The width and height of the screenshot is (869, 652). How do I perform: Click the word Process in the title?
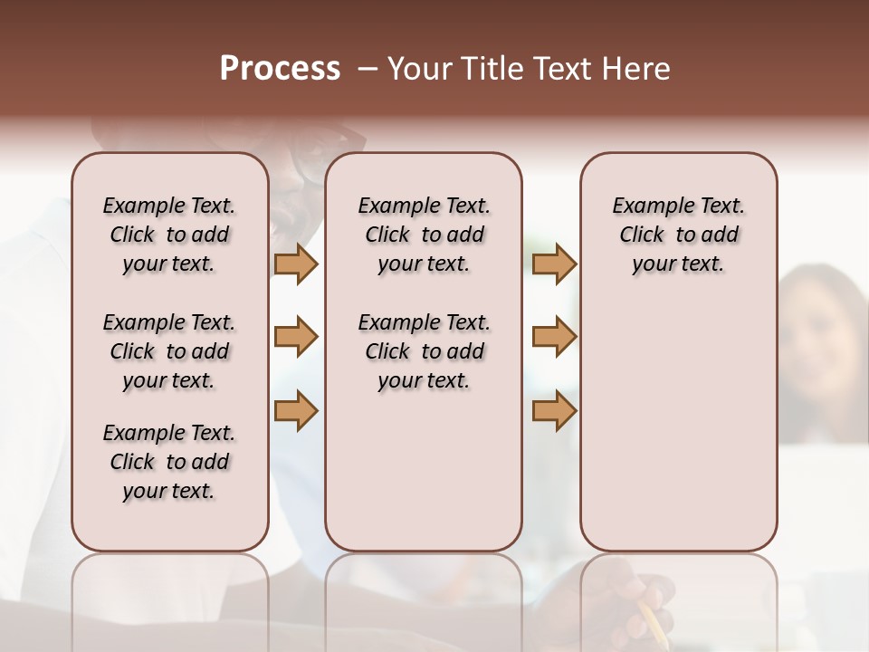pos(280,69)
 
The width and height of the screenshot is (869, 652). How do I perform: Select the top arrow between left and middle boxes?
pos(296,264)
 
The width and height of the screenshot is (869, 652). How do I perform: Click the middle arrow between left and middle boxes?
pos(296,337)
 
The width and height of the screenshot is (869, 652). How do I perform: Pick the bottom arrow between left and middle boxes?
pos(296,410)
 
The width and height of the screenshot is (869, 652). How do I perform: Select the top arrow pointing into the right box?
pos(554,264)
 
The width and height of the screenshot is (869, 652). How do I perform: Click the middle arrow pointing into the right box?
pos(554,337)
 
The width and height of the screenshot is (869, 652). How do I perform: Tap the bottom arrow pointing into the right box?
pos(554,410)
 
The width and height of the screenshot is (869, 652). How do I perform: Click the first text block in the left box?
pos(169,235)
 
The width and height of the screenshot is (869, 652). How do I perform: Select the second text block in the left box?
pos(169,351)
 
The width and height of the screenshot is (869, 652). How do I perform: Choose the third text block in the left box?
pos(169,462)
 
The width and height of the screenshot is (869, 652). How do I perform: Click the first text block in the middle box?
pos(424,235)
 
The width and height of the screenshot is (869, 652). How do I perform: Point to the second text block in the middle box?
pos(424,351)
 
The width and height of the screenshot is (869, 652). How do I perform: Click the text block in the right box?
pos(678,235)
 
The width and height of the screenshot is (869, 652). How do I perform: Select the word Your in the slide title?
pos(419,69)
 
